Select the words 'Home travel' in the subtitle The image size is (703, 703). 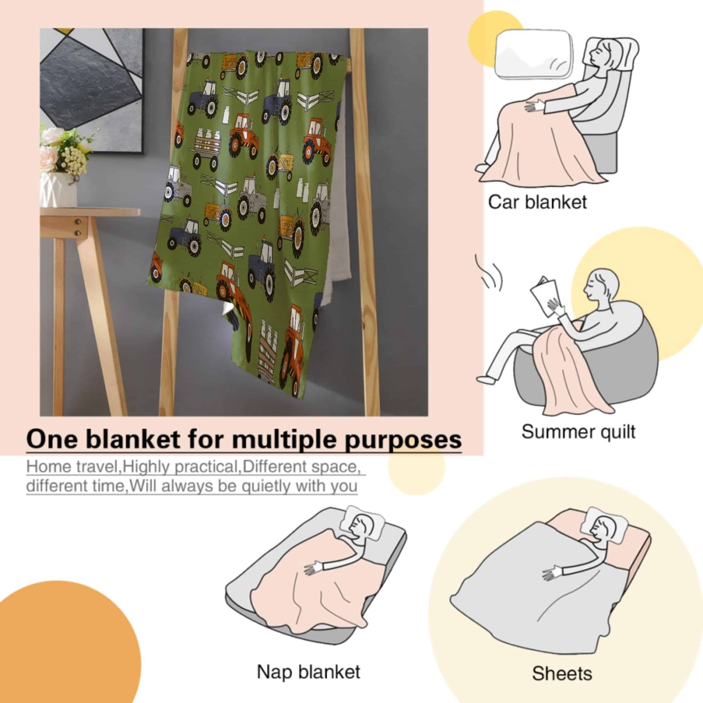[73, 467]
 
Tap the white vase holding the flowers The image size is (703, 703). [58, 189]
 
